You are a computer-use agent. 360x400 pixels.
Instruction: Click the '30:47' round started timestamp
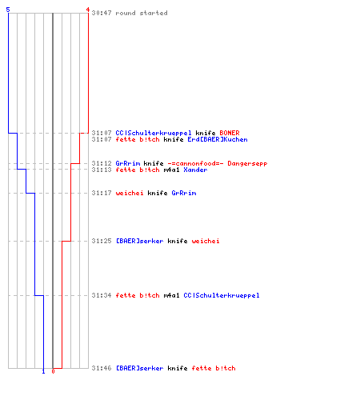pyautogui.click(x=102, y=13)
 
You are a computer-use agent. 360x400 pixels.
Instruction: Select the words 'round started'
pyautogui.click(x=142, y=13)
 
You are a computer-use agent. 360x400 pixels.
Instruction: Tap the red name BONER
pyautogui.click(x=230, y=133)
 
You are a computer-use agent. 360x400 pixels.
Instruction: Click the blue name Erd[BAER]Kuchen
pyautogui.click(x=218, y=139)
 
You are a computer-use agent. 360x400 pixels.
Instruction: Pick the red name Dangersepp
pyautogui.click(x=247, y=163)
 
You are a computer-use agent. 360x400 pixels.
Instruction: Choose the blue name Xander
pyautogui.click(x=195, y=170)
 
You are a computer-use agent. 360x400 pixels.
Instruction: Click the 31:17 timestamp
pyautogui.click(x=102, y=193)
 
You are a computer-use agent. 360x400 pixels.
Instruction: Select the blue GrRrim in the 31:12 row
pyautogui.click(x=128, y=163)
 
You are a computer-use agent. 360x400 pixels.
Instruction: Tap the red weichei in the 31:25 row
pyautogui.click(x=206, y=241)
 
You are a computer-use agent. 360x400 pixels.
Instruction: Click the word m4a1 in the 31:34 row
pyautogui.click(x=171, y=295)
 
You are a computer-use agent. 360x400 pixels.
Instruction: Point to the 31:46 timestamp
pyautogui.click(x=102, y=368)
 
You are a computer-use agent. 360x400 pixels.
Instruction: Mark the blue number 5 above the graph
pyautogui.click(x=8, y=10)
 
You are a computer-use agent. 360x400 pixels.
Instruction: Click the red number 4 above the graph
pyautogui.click(x=87, y=10)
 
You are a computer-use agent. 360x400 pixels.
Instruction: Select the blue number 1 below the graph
pyautogui.click(x=43, y=371)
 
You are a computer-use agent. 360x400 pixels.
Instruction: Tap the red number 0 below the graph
pyautogui.click(x=53, y=371)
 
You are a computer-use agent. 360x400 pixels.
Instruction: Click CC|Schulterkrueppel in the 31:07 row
pyautogui.click(x=154, y=133)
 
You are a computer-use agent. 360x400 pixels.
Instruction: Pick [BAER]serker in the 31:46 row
pyautogui.click(x=139, y=368)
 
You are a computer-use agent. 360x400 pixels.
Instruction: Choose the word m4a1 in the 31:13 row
pyautogui.click(x=171, y=170)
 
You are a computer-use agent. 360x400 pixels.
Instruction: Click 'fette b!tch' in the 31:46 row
pyautogui.click(x=214, y=368)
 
